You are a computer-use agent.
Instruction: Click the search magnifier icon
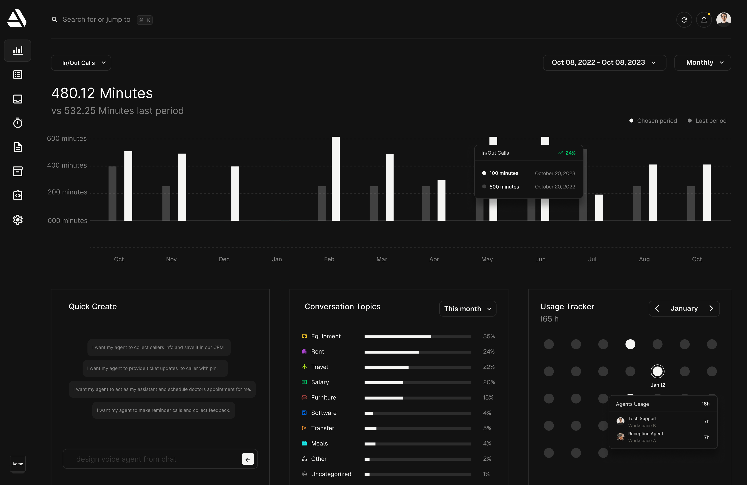(55, 20)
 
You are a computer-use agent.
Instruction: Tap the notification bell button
(704, 20)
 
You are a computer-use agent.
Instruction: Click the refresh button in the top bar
(684, 20)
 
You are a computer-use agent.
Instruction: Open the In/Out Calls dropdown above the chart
(81, 63)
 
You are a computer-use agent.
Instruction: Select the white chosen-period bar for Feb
(336, 179)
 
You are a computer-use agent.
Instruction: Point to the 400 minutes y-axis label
(67, 165)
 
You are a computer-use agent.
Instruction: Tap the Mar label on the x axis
(382, 259)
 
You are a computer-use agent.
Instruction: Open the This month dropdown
(467, 309)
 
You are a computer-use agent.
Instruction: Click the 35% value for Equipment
(489, 336)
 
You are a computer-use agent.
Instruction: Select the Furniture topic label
(323, 397)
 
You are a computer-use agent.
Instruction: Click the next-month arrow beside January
(711, 309)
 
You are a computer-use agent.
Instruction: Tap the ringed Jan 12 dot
(657, 371)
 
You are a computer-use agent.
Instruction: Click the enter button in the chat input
(248, 459)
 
